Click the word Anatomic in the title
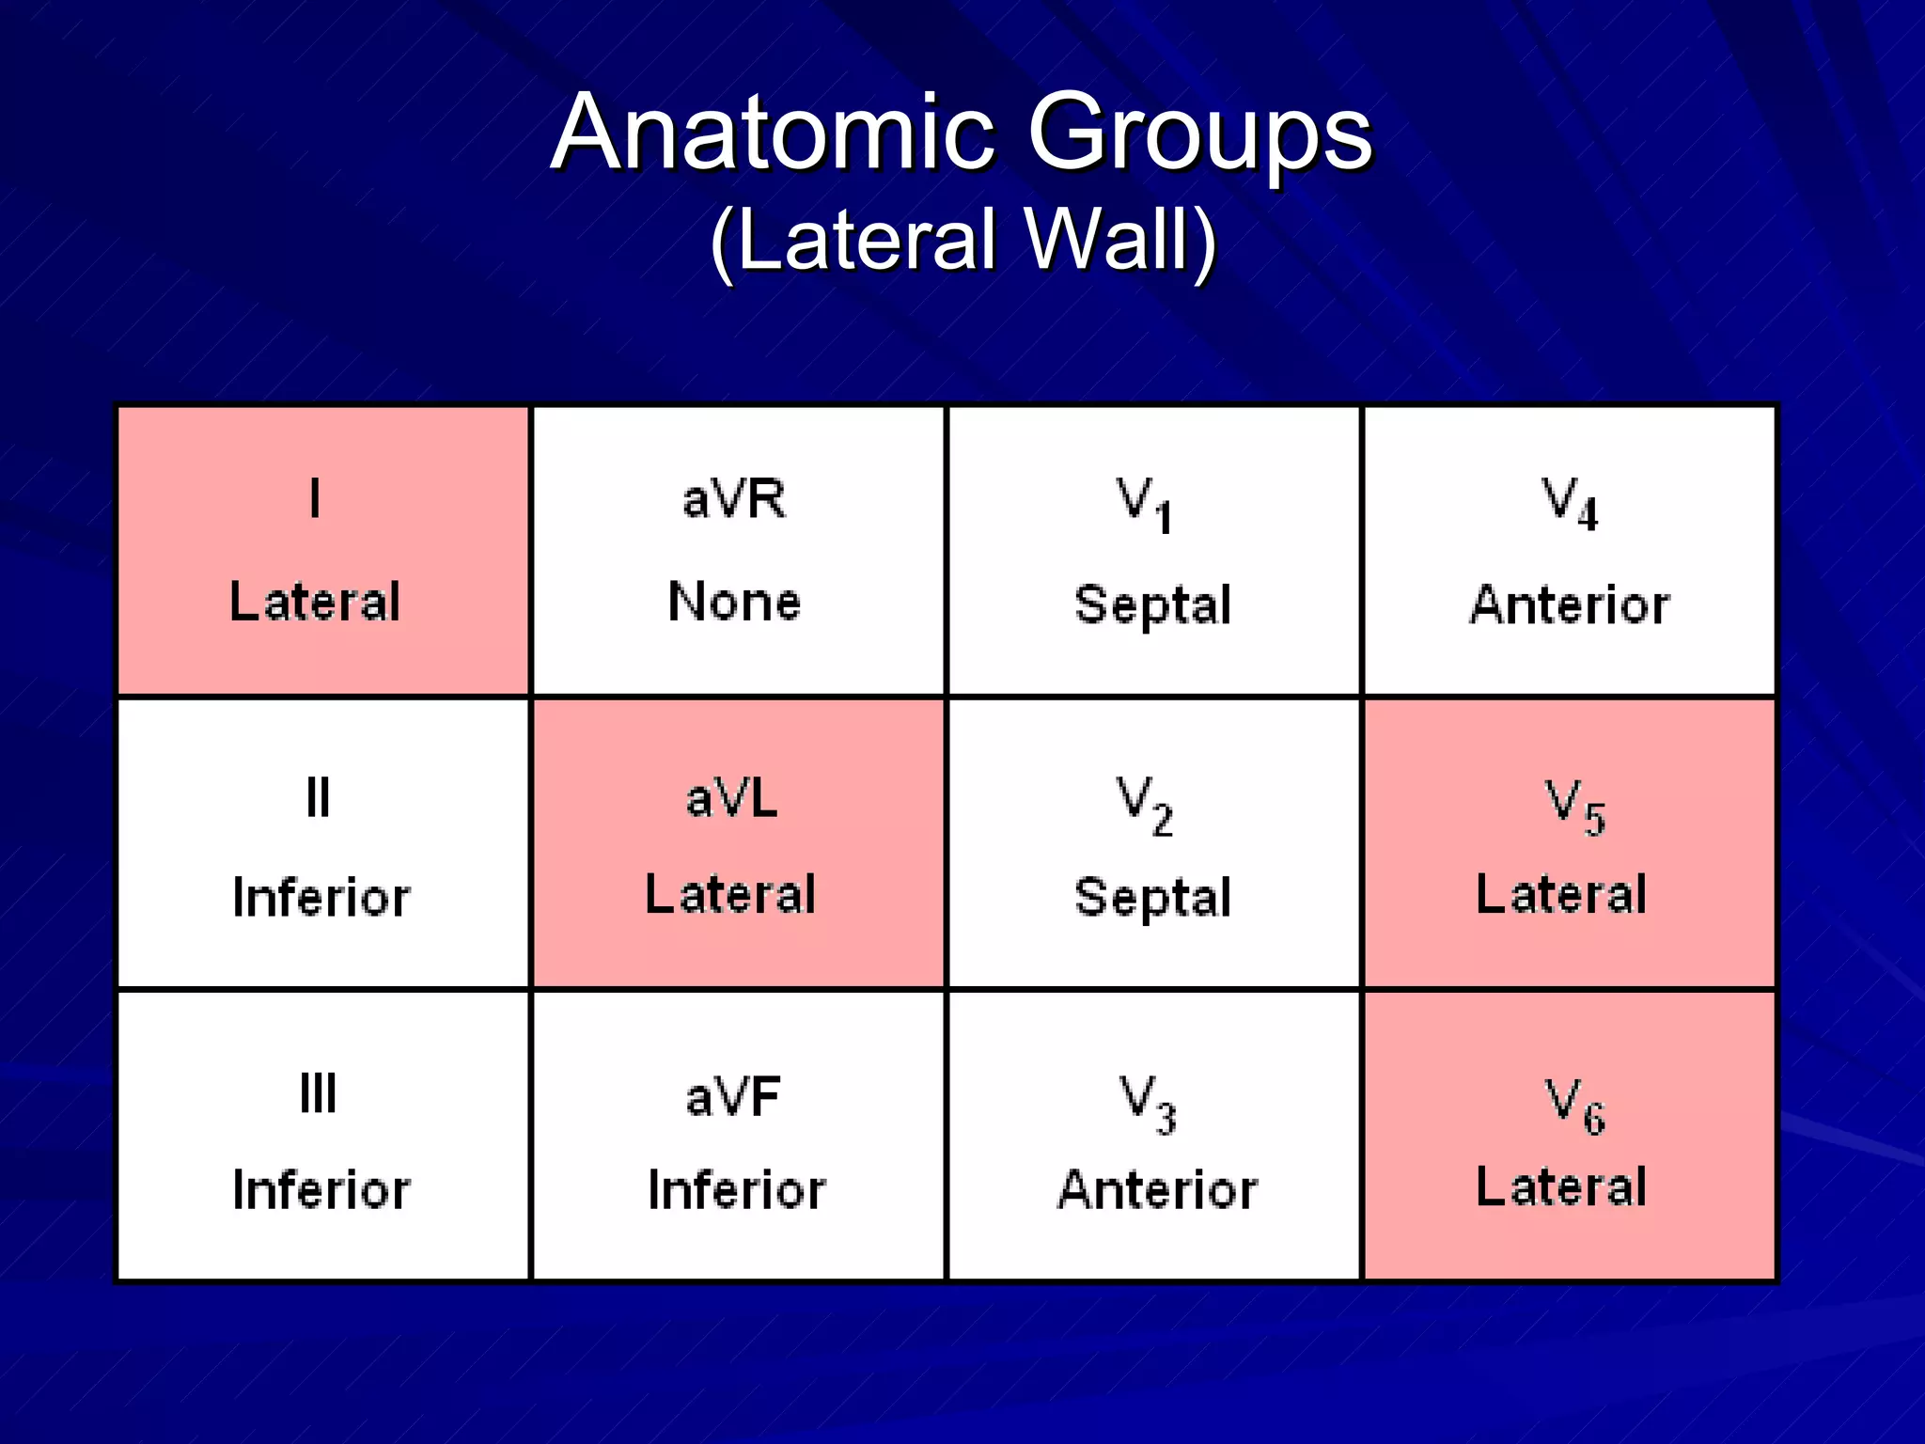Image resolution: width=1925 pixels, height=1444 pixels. [x=773, y=133]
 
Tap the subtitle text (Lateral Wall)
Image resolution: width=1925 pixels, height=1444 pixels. [x=962, y=241]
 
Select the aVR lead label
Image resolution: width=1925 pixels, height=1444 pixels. [x=734, y=498]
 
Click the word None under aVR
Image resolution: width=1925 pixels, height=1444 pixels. [x=734, y=602]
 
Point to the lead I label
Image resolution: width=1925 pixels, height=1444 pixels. [x=315, y=498]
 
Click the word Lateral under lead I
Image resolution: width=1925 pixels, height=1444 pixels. [x=315, y=602]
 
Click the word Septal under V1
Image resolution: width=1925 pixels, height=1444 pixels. [x=1152, y=604]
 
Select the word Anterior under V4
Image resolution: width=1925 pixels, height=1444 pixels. [x=1569, y=604]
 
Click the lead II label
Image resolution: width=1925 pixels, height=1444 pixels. [x=318, y=798]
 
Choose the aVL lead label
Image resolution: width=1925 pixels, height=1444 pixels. [x=732, y=799]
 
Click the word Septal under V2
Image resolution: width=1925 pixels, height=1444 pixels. [x=1152, y=897]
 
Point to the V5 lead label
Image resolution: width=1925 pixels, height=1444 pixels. [x=1574, y=807]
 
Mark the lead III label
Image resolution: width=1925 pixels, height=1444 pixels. [x=318, y=1093]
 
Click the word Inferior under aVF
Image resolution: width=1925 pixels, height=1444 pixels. [x=736, y=1190]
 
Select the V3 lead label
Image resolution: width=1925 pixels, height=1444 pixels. [x=1147, y=1104]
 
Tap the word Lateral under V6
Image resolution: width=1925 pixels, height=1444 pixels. [x=1560, y=1186]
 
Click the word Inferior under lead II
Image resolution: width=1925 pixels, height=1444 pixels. [x=321, y=897]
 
